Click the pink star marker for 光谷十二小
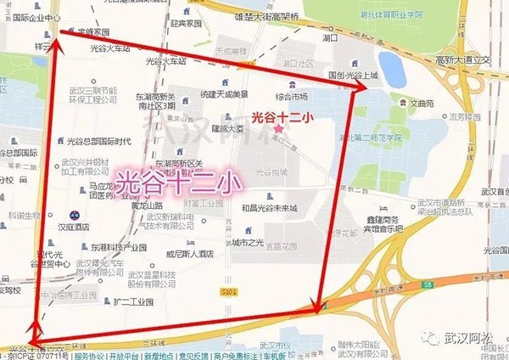(x=277, y=128)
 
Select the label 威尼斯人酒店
(x=192, y=254)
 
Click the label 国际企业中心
(x=31, y=16)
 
